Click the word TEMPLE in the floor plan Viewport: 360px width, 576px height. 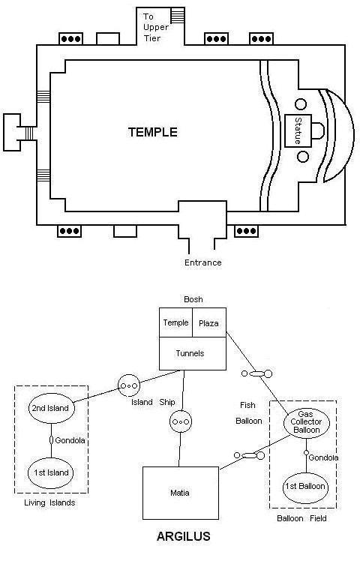tap(153, 132)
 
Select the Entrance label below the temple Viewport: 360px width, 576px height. tap(203, 262)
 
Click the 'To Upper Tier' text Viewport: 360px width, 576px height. tap(156, 27)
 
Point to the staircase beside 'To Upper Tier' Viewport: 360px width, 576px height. tap(178, 16)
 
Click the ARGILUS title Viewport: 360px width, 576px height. tap(184, 536)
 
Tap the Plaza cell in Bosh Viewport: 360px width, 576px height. tap(209, 322)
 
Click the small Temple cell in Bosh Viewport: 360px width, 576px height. tap(175, 322)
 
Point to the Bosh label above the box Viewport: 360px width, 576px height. tap(193, 299)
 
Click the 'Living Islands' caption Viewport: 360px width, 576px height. tap(49, 503)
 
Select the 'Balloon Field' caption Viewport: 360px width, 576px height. tap(301, 518)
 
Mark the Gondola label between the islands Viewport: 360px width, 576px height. tap(70, 440)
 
